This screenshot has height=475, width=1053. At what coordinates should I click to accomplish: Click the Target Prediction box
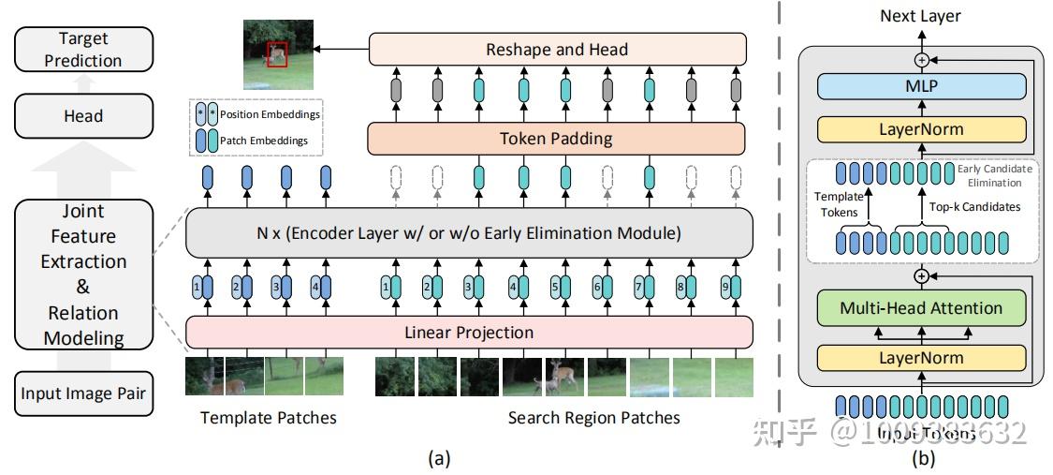tap(83, 50)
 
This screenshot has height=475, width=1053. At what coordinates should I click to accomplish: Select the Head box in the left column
tap(83, 116)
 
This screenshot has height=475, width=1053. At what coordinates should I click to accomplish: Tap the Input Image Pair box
tap(83, 393)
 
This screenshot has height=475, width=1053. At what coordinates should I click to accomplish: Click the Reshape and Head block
tap(557, 49)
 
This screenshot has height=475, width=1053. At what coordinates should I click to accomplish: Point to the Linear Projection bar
tap(469, 332)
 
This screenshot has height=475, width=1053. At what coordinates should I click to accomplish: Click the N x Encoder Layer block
tap(469, 233)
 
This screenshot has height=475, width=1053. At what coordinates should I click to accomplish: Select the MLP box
tap(922, 86)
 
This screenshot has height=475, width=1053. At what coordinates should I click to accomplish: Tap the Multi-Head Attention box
tap(921, 307)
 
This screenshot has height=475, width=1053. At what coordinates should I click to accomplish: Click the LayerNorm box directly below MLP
tap(922, 129)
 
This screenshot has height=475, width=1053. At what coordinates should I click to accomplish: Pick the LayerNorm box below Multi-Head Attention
tap(921, 357)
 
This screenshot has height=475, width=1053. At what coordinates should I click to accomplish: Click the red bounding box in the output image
tap(275, 54)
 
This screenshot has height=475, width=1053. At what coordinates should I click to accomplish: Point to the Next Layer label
tap(920, 16)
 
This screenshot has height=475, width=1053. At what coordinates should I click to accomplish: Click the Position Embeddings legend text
tap(271, 114)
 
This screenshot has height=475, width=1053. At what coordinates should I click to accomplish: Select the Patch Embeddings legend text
tap(265, 141)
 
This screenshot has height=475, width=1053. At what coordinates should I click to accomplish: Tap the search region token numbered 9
tap(728, 288)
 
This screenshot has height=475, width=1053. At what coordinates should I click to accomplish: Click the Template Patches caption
tap(268, 418)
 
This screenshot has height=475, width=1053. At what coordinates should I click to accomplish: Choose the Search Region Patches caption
tap(593, 418)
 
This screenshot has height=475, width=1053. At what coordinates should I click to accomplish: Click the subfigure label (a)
tap(438, 458)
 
